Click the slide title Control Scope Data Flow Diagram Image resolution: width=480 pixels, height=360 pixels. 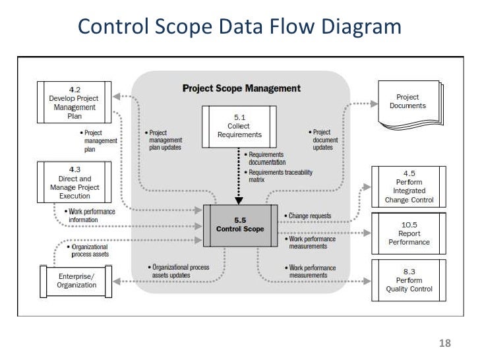(239, 27)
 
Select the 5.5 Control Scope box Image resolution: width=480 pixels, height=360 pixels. (240, 225)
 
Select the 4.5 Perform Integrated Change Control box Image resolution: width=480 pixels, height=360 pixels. (409, 188)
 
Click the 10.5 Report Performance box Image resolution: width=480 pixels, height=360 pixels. (409, 233)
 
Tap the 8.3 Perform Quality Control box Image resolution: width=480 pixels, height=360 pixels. (409, 280)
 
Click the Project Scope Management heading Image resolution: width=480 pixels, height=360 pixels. (241, 88)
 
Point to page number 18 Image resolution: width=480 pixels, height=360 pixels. (444, 343)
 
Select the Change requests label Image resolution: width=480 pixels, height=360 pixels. (310, 216)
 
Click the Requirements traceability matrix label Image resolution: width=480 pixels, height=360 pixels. (280, 176)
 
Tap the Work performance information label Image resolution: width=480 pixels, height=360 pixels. (91, 215)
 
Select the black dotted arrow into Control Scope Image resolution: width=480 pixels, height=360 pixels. (239, 175)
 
